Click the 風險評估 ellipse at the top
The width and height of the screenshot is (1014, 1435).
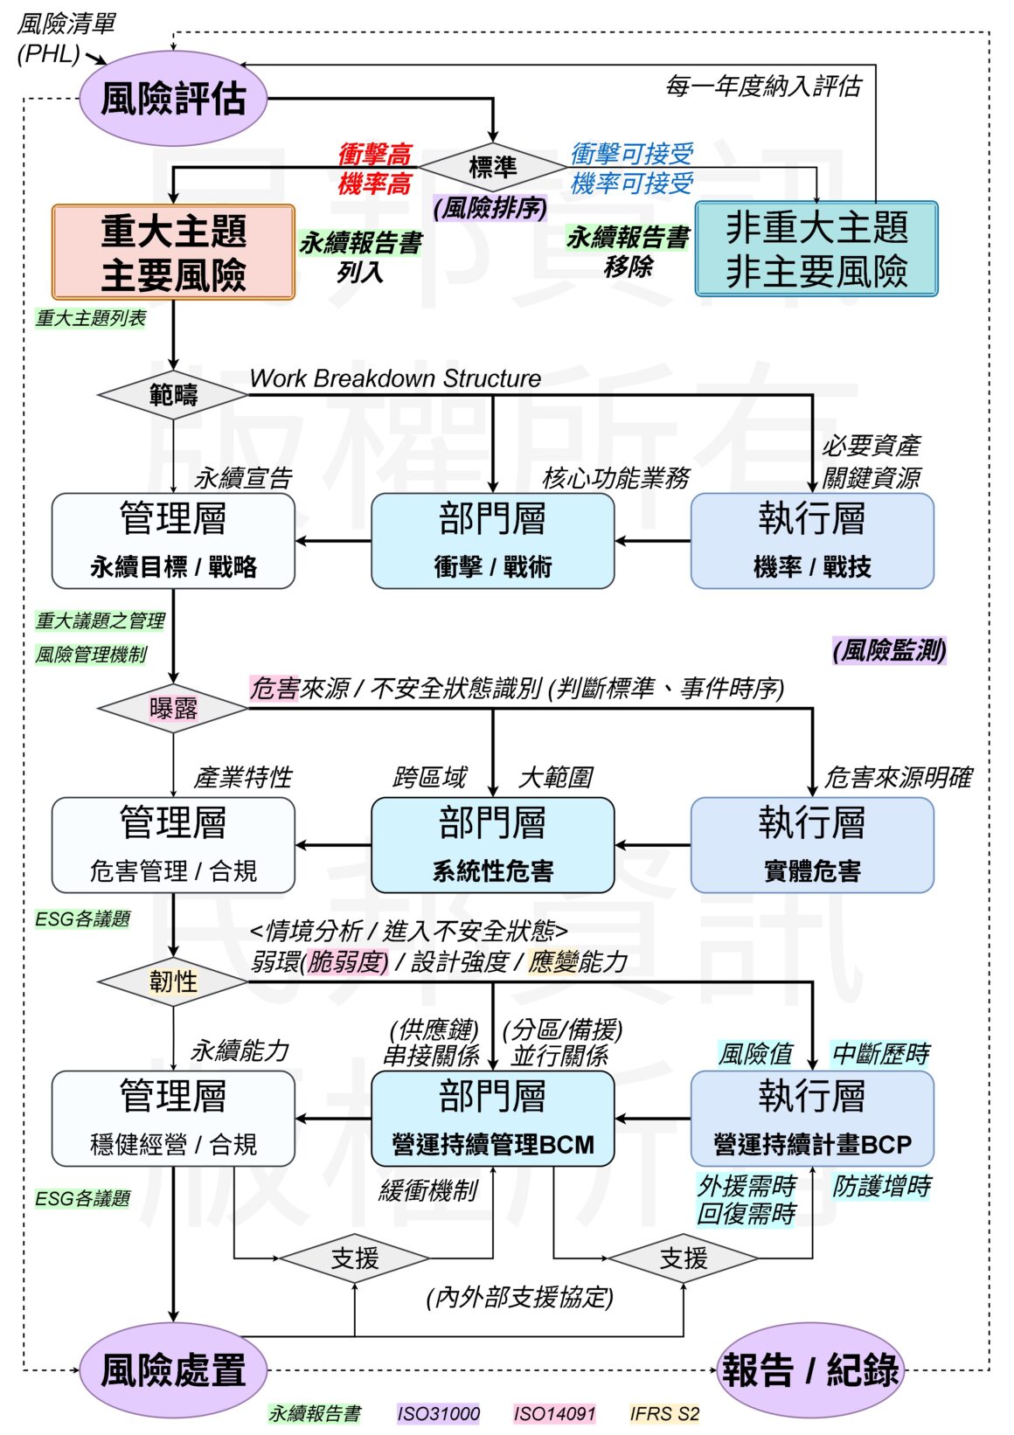click(x=173, y=98)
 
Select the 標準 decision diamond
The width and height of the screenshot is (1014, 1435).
click(x=492, y=167)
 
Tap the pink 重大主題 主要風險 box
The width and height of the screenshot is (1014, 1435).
click(x=173, y=253)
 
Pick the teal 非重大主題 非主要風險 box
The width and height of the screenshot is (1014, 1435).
click(x=816, y=249)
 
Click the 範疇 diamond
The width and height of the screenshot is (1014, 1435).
click(x=173, y=395)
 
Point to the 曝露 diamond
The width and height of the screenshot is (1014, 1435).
click(x=173, y=708)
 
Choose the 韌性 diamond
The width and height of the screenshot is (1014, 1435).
click(x=173, y=981)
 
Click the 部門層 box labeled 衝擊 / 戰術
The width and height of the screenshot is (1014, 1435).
click(x=492, y=541)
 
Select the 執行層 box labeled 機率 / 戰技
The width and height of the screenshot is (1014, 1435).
click(x=812, y=541)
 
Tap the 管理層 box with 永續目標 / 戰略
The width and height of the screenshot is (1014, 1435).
click(x=173, y=541)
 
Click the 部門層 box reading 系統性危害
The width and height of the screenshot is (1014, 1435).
click(x=492, y=845)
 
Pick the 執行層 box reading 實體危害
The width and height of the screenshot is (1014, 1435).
click(x=812, y=845)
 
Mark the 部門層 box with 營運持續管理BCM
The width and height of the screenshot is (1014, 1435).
click(x=492, y=1119)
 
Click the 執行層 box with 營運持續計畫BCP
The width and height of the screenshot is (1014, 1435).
click(x=812, y=1119)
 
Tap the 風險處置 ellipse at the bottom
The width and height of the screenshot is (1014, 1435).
click(x=173, y=1369)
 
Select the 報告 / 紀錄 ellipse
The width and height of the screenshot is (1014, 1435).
click(x=809, y=1369)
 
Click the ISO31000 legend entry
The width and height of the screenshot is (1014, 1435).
click(x=438, y=1413)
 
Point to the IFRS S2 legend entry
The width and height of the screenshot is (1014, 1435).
click(x=664, y=1413)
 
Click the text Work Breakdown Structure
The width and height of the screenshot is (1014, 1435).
click(x=395, y=378)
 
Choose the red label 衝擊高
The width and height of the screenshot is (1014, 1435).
click(x=374, y=155)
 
